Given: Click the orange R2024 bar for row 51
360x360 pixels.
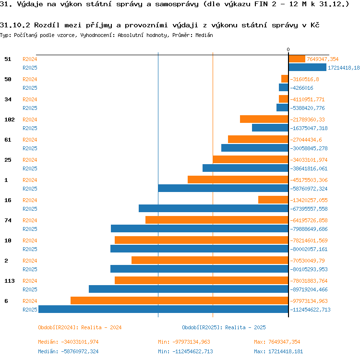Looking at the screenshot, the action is (x=297, y=59).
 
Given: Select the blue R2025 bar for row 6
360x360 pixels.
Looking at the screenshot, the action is (x=164, y=309).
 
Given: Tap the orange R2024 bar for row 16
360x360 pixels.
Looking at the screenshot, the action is (x=273, y=200).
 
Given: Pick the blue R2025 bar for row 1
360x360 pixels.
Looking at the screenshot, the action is (x=223, y=188).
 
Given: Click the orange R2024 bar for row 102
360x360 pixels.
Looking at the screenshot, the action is (x=264, y=119).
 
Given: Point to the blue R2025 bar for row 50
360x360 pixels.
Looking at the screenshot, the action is (x=284, y=87).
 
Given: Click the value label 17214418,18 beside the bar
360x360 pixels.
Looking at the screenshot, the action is (x=344, y=68).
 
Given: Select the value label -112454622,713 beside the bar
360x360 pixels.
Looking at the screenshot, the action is (x=310, y=310).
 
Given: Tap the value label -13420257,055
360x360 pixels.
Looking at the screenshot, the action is (x=309, y=200).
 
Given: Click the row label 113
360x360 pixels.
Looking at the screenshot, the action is (x=10, y=281).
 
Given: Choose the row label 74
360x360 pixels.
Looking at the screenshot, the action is (x=8, y=220).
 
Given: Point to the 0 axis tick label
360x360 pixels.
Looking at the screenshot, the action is (x=288, y=49).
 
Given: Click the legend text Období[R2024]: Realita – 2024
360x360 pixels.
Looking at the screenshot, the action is (x=80, y=327).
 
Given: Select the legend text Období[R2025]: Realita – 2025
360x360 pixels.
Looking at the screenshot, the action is (x=224, y=327).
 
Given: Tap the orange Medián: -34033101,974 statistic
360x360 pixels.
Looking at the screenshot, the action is (x=68, y=342).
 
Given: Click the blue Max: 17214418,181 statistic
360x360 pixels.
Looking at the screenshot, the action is (x=278, y=351).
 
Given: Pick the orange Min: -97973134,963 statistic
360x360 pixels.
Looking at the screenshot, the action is (x=184, y=342).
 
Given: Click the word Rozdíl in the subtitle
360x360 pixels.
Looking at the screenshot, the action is (x=47, y=25).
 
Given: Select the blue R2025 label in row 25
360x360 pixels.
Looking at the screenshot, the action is (x=30, y=168).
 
